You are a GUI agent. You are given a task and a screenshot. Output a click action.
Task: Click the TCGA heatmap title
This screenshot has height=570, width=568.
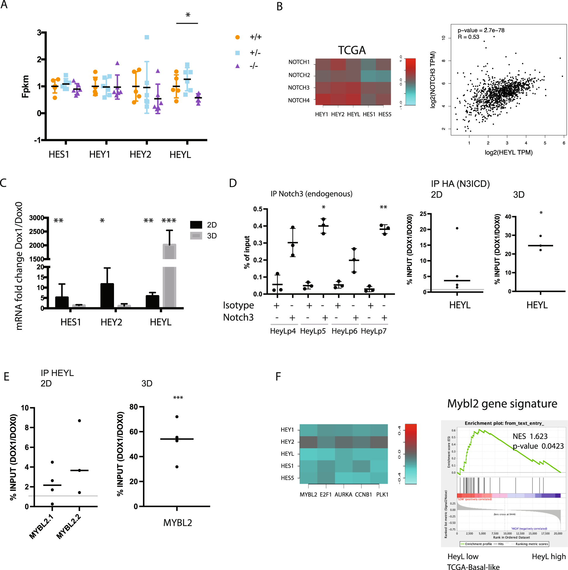[352, 51]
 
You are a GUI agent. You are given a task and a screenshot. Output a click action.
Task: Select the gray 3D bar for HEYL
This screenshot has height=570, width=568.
[170, 283]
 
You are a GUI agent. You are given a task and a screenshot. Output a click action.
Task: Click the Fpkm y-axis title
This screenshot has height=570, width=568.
[26, 86]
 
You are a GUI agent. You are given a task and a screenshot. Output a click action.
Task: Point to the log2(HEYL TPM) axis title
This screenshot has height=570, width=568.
[508, 153]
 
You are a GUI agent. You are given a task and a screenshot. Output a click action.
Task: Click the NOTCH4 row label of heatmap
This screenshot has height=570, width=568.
[299, 100]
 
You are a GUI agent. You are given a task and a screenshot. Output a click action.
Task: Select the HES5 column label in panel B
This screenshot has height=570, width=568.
[385, 115]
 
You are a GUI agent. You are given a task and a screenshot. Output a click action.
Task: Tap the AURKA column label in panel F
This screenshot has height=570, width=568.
[343, 494]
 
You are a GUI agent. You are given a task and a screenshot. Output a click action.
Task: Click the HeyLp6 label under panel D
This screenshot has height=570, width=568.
[344, 331]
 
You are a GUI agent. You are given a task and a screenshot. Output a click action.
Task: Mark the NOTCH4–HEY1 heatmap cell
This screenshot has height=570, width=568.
[323, 99]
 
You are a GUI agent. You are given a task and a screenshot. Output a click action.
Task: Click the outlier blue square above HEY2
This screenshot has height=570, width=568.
[147, 37]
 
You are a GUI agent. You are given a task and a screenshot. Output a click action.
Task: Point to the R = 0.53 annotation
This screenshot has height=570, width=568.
[468, 37]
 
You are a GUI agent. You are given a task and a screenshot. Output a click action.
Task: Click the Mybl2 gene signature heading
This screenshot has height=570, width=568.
[502, 403]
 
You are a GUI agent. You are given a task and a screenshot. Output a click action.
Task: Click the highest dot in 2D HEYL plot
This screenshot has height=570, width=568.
[457, 228]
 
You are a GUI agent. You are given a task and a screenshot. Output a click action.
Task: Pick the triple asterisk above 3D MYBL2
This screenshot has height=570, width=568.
[178, 398]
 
